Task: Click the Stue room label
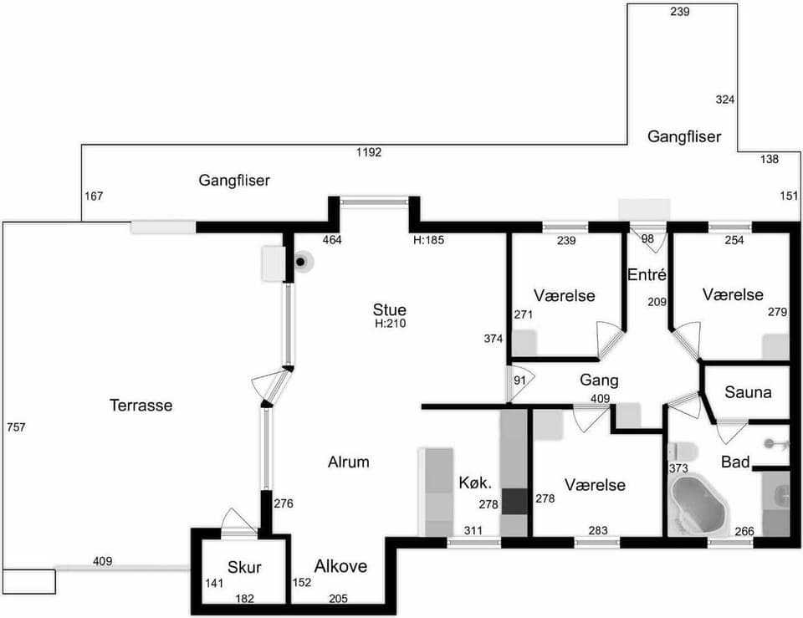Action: pyautogui.click(x=390, y=310)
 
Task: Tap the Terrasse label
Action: pyautogui.click(x=141, y=406)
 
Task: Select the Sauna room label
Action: pyautogui.click(x=748, y=391)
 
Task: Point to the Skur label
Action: pyautogui.click(x=244, y=568)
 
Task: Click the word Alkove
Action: pyautogui.click(x=340, y=566)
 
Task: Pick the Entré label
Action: pyautogui.click(x=647, y=275)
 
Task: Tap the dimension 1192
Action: pyautogui.click(x=369, y=152)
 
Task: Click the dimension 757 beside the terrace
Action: pyautogui.click(x=16, y=427)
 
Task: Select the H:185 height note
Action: pyautogui.click(x=429, y=240)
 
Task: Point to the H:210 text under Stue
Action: pyautogui.click(x=390, y=324)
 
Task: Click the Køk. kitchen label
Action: pyautogui.click(x=473, y=483)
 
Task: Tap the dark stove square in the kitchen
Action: pyautogui.click(x=514, y=501)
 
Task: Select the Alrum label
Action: pyautogui.click(x=348, y=462)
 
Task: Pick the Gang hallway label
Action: pyautogui.click(x=599, y=381)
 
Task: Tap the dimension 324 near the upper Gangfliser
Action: pyautogui.click(x=725, y=100)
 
